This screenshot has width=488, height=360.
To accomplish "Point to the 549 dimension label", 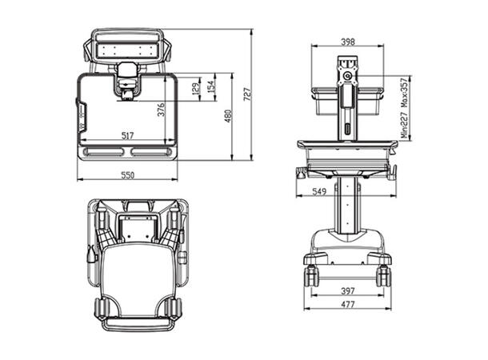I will tap(318, 191).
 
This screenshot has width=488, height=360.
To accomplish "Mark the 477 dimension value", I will tap(346, 305).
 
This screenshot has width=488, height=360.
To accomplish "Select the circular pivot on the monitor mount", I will tap(347, 78).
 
